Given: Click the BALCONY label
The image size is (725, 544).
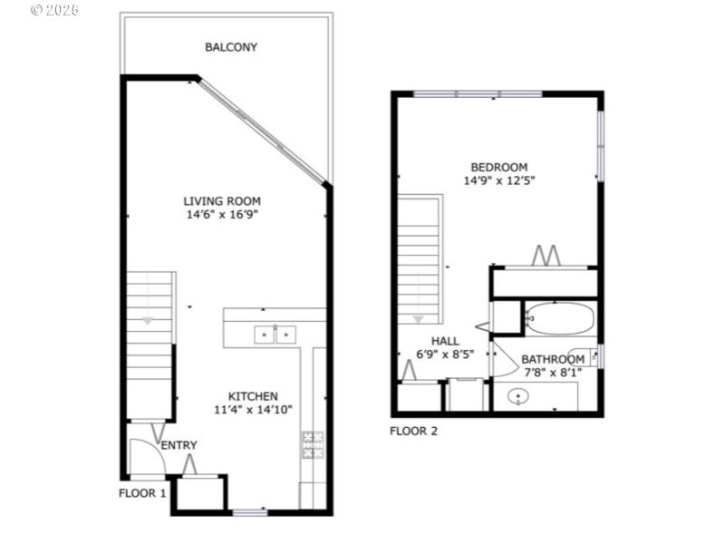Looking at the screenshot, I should [x=230, y=47].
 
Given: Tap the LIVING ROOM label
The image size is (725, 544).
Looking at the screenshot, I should [x=222, y=201].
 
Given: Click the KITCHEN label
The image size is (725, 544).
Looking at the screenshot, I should [x=252, y=396].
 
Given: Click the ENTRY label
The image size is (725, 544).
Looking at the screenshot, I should [x=179, y=445].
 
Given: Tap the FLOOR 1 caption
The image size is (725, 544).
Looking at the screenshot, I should [x=142, y=494].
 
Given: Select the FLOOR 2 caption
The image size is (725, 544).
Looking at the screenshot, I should [x=413, y=431].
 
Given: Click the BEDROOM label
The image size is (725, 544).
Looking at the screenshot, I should [x=498, y=167].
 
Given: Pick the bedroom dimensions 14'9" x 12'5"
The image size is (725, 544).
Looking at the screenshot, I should [x=498, y=180].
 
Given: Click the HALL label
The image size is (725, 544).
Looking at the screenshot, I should [x=445, y=341].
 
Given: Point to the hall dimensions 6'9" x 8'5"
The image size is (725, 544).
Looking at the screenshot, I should [x=445, y=355].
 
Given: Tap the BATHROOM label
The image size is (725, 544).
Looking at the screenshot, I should [x=553, y=359].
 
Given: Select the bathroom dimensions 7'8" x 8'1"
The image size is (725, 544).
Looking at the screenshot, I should [x=551, y=372].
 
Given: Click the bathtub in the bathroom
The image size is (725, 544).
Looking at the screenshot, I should [x=559, y=319].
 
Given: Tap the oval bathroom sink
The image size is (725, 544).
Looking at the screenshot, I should [x=518, y=396].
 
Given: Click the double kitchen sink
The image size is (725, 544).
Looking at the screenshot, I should [x=274, y=335].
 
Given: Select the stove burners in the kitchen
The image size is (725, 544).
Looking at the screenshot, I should [x=312, y=443].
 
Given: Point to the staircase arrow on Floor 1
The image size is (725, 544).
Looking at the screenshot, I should [x=148, y=320].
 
